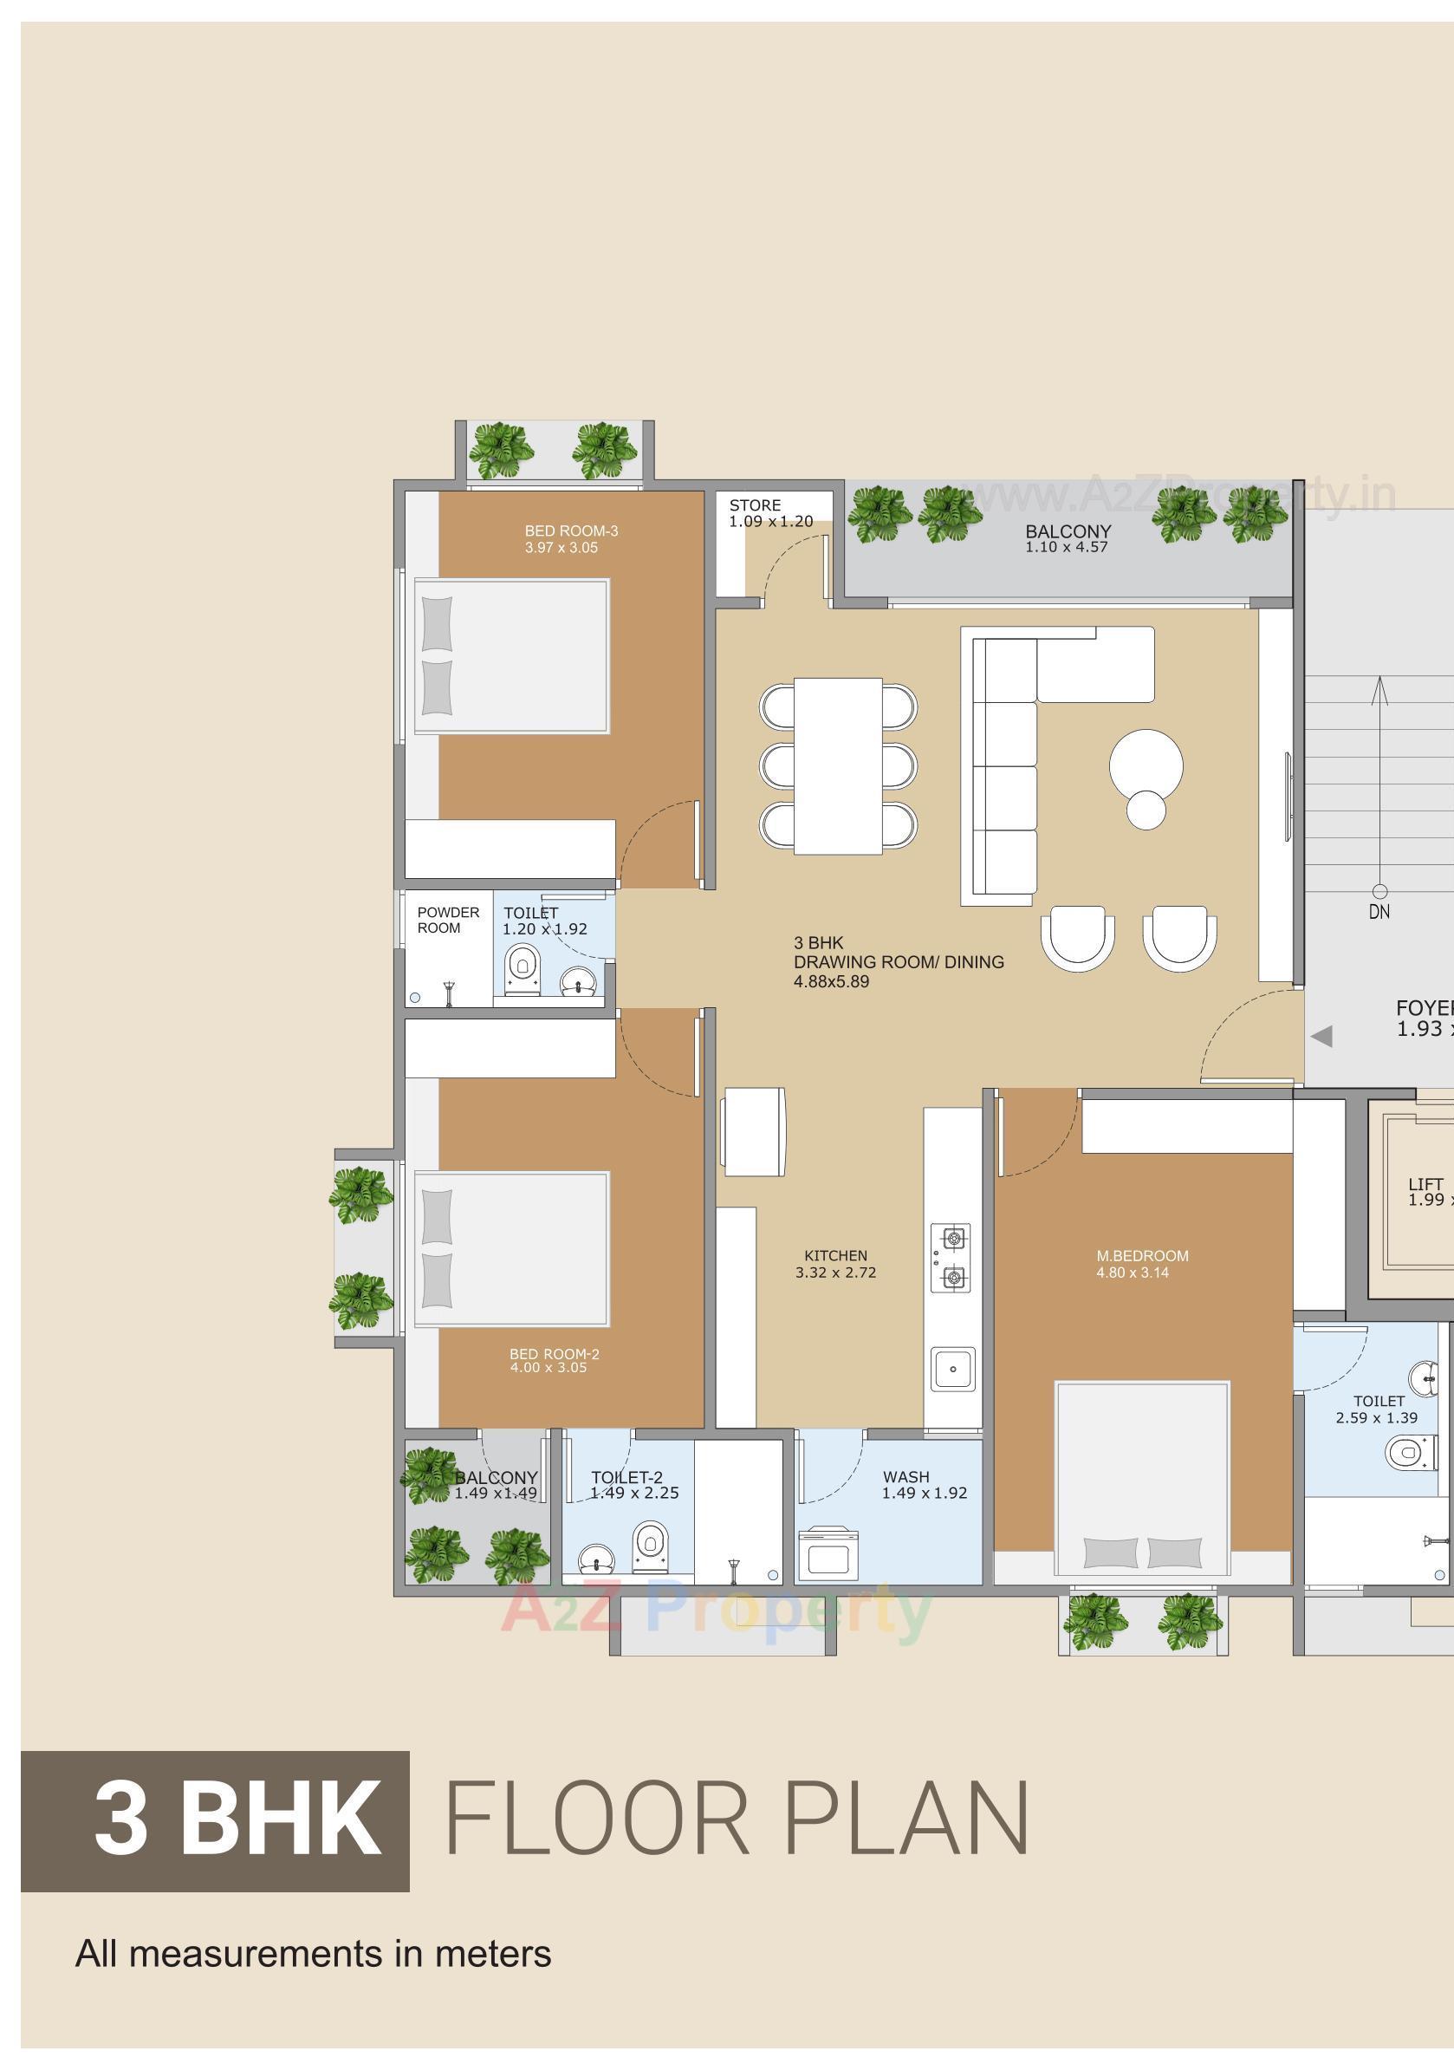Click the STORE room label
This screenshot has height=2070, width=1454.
755,505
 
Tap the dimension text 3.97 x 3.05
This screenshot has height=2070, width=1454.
561,548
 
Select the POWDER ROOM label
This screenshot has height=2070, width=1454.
447,920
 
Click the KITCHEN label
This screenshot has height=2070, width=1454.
835,1256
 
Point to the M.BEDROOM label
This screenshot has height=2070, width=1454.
1142,1256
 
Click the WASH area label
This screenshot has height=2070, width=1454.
906,1477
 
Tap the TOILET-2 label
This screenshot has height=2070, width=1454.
626,1477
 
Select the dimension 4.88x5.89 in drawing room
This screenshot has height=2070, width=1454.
831,982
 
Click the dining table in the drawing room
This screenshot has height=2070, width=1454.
837,765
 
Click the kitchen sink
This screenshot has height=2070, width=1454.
953,1369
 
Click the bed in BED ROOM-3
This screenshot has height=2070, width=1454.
512,655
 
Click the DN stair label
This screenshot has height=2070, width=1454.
1379,913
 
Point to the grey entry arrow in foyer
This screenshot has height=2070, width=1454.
1321,1037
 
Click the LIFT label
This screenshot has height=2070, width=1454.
1425,1184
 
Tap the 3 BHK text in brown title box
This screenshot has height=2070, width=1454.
237,1819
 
